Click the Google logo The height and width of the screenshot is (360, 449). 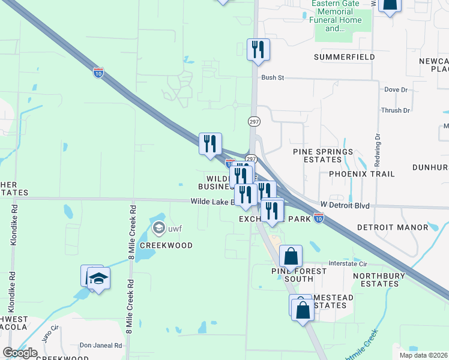(20, 353)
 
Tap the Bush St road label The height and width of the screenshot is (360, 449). (272, 78)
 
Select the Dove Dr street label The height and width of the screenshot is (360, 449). (396, 89)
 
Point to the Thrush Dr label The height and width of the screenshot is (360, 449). (396, 110)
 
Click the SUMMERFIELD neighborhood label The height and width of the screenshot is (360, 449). (345, 57)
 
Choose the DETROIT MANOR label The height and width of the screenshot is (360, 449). (393, 227)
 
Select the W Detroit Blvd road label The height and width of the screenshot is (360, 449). (345, 206)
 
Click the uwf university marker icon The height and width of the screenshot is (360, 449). (159, 227)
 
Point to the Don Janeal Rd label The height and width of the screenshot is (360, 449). (101, 346)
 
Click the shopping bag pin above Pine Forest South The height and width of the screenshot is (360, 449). (291, 256)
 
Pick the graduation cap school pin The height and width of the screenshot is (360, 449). (98, 279)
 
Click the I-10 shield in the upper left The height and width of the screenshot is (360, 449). (98, 73)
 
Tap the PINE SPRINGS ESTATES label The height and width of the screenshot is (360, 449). (323, 157)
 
